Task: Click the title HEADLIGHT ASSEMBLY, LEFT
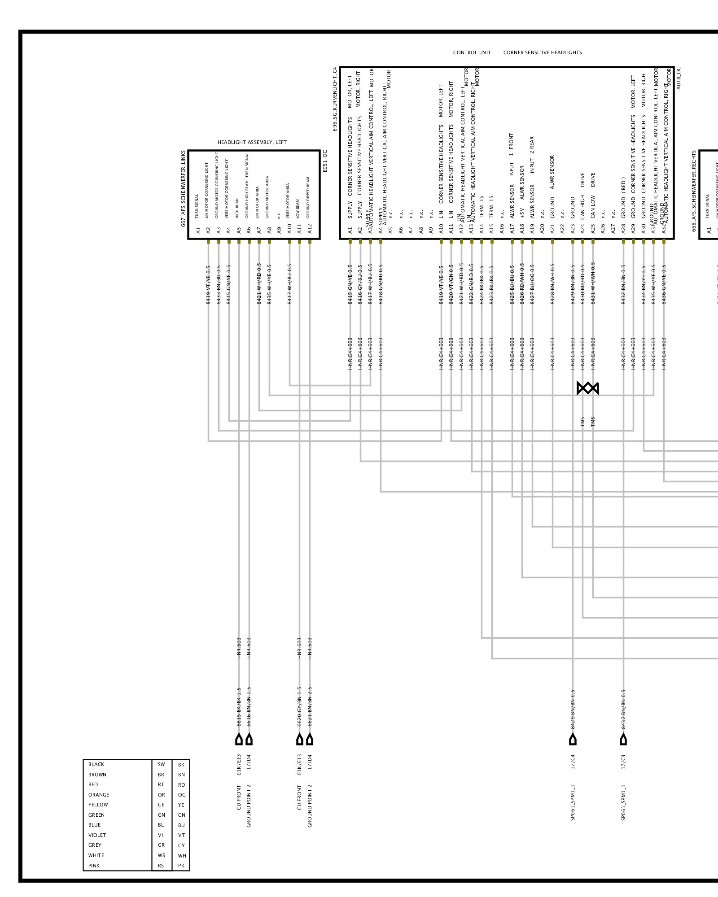click(252, 142)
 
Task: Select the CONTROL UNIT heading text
click(472, 52)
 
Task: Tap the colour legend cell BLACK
click(96, 764)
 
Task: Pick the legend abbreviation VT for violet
click(181, 835)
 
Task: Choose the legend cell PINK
click(94, 866)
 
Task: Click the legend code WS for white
click(161, 855)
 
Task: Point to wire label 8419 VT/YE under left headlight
click(208, 285)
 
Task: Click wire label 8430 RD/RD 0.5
click(582, 285)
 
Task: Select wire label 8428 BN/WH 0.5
click(552, 285)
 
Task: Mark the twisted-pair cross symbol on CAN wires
click(588, 388)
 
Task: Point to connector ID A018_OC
click(678, 78)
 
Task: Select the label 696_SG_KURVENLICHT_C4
click(335, 99)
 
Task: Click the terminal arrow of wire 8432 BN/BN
click(623, 740)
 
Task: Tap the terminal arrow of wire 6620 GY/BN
click(299, 740)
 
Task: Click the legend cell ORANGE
click(98, 795)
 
